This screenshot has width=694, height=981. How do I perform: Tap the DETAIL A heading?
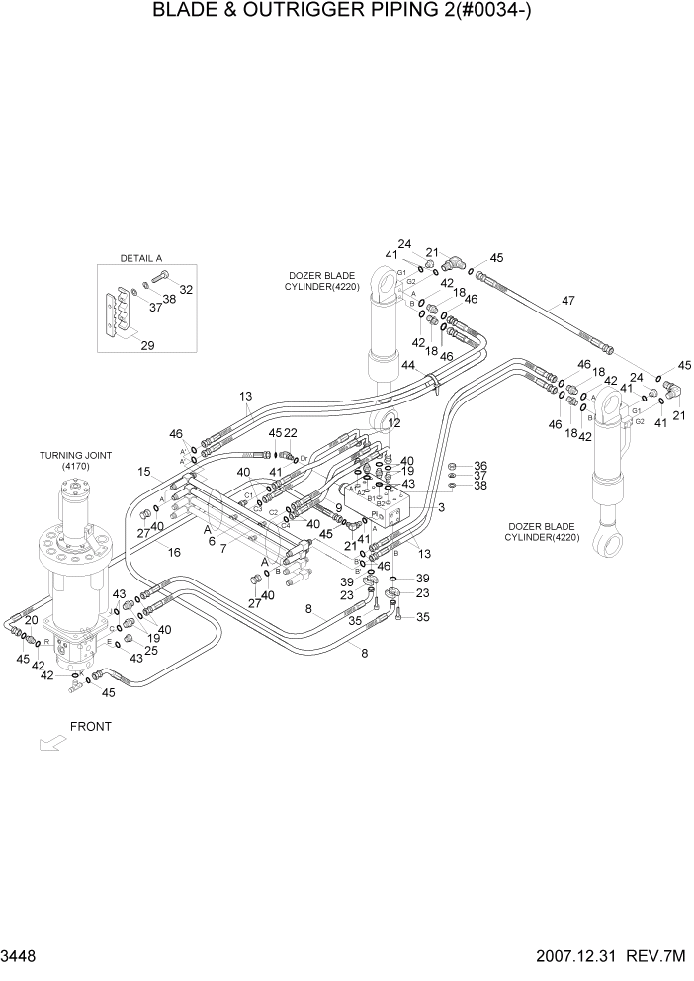140,257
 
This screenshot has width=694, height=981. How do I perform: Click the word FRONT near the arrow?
90,726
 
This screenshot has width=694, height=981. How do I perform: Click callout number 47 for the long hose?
567,301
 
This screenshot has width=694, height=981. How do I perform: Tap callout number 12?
394,423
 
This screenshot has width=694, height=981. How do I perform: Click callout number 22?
291,432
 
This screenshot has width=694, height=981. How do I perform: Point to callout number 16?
174,552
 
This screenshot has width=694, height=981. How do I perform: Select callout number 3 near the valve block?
442,507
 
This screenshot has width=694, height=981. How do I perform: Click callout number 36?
480,466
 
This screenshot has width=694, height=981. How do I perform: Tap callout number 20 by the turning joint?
31,620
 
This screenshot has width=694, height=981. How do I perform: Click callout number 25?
151,650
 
